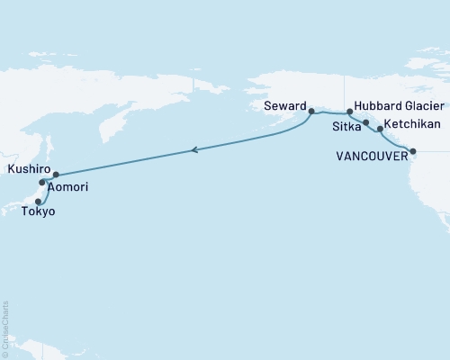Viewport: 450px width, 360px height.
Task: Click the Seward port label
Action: pyautogui.click(x=285, y=104)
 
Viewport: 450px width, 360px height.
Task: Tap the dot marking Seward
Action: pyautogui.click(x=311, y=112)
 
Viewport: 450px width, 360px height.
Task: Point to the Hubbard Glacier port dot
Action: pyautogui.click(x=349, y=112)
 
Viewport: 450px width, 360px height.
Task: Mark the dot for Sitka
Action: pyautogui.click(x=365, y=121)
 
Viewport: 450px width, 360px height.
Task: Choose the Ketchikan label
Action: pyautogui.click(x=412, y=125)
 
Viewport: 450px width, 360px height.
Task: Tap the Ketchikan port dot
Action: pyautogui.click(x=381, y=130)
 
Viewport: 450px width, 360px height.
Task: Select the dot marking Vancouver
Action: pyautogui.click(x=413, y=151)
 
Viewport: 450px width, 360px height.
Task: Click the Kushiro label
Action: pyautogui.click(x=27, y=168)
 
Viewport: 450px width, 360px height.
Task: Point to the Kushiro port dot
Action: pyautogui.click(x=56, y=175)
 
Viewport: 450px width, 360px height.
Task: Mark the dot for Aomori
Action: pyautogui.click(x=42, y=183)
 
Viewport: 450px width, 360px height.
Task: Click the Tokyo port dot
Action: pyautogui.click(x=38, y=202)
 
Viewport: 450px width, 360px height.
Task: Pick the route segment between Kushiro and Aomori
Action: pyautogui.click(x=49, y=178)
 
